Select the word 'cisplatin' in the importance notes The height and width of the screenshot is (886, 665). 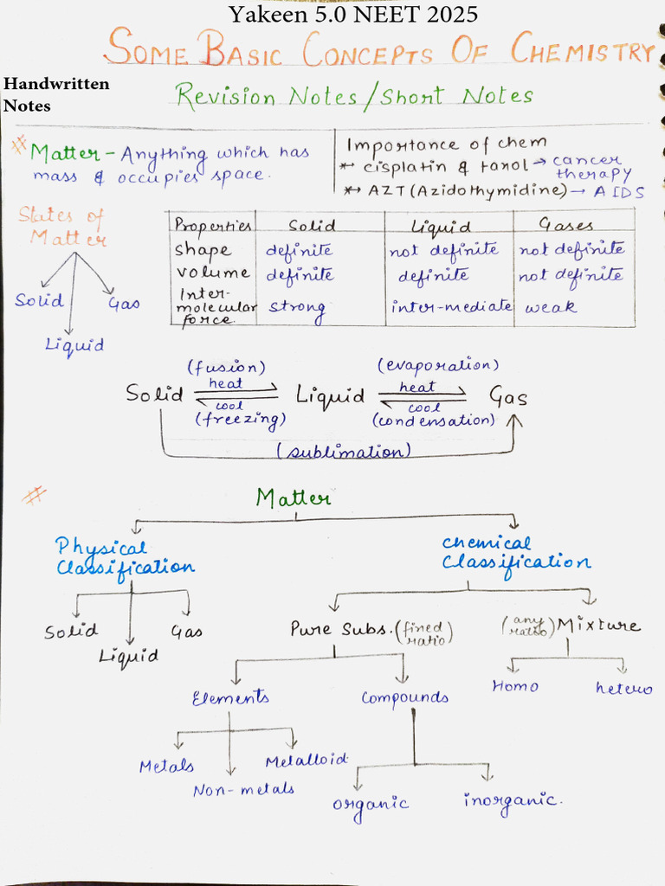(404, 167)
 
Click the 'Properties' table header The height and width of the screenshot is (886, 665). (212, 225)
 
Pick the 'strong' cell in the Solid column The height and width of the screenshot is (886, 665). (296, 308)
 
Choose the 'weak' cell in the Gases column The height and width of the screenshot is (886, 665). (551, 307)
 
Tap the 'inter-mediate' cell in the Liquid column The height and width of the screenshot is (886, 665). (450, 307)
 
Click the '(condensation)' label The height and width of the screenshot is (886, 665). (434, 421)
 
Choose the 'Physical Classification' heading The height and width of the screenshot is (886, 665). (125, 557)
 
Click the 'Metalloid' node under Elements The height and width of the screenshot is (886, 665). (307, 760)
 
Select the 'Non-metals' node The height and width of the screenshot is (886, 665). (243, 789)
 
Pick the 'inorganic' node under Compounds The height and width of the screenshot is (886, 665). (512, 799)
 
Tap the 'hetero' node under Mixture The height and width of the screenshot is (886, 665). (623, 689)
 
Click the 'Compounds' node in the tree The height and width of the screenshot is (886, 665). (404, 698)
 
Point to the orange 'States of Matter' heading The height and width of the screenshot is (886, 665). (62, 227)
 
